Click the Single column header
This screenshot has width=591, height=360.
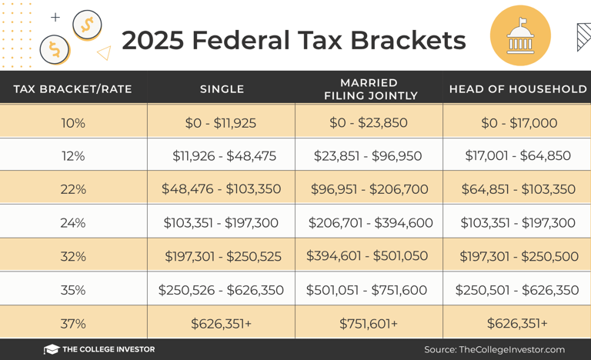tap(222, 89)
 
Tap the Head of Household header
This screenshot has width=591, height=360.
tap(517, 89)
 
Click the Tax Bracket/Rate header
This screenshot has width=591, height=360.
tap(73, 89)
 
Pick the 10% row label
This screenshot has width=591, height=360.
tap(73, 123)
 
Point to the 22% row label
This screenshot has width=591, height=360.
tap(73, 189)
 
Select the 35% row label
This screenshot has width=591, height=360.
tap(73, 290)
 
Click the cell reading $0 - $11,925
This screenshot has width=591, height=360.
tap(221, 123)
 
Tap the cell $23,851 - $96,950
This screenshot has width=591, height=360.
tap(368, 156)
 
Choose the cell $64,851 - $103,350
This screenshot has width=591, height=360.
tap(518, 189)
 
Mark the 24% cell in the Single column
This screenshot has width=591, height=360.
tap(221, 223)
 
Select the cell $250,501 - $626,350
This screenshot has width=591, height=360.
tap(517, 290)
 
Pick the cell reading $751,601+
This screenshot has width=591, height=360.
tap(369, 324)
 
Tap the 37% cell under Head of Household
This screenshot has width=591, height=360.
tap(517, 324)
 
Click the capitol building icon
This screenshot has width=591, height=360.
tap(520, 36)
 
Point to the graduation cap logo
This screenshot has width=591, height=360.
tap(52, 349)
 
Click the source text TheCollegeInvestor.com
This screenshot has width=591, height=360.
tap(512, 349)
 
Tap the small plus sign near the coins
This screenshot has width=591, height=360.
tap(55, 17)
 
